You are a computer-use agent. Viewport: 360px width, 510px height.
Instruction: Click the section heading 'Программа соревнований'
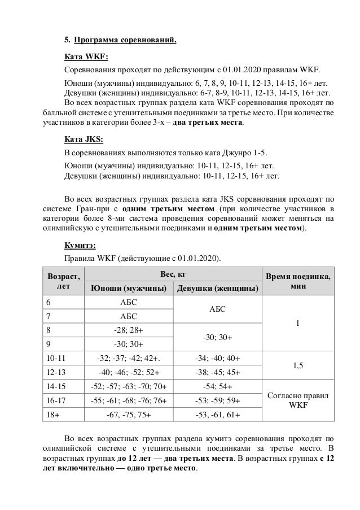125,40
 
